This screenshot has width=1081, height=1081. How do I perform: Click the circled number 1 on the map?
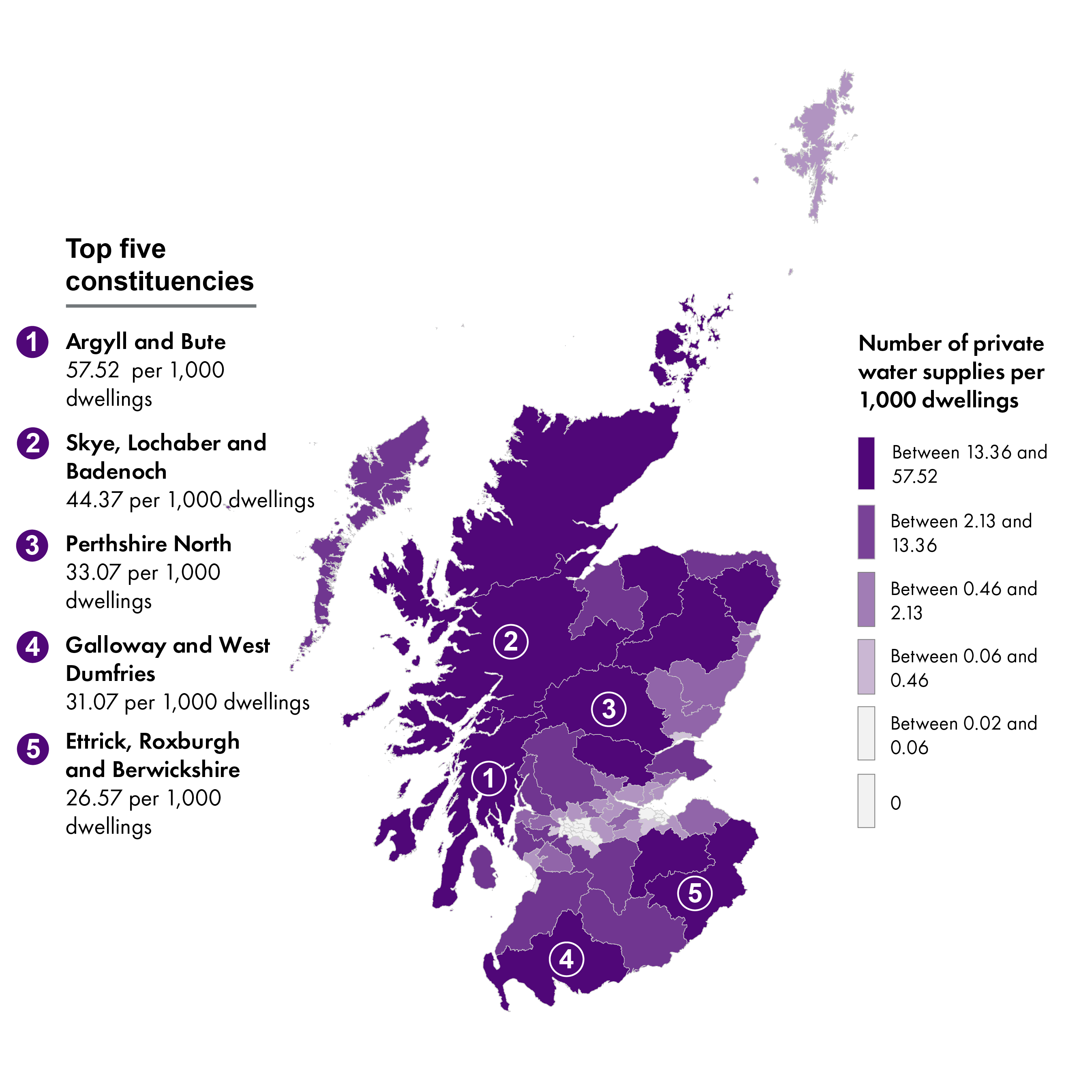click(488, 778)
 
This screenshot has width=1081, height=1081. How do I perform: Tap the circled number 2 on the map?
click(510, 641)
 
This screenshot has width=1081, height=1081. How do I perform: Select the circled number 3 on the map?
click(609, 709)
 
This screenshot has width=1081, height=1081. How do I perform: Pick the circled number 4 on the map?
click(566, 959)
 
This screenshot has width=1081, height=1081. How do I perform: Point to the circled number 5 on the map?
click(694, 893)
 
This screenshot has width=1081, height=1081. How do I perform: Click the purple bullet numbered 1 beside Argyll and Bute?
click(32, 342)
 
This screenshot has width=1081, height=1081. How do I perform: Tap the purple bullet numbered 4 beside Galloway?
click(32, 647)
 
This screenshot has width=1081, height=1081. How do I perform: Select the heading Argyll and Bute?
click(146, 342)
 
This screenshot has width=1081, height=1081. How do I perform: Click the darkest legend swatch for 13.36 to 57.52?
click(866, 463)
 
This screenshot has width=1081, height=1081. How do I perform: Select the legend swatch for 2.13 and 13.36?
click(866, 531)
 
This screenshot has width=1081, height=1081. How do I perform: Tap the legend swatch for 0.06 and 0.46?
click(866, 666)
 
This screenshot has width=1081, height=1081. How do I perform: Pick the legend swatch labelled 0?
click(866, 801)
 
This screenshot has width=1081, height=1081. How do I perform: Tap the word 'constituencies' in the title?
click(159, 281)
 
